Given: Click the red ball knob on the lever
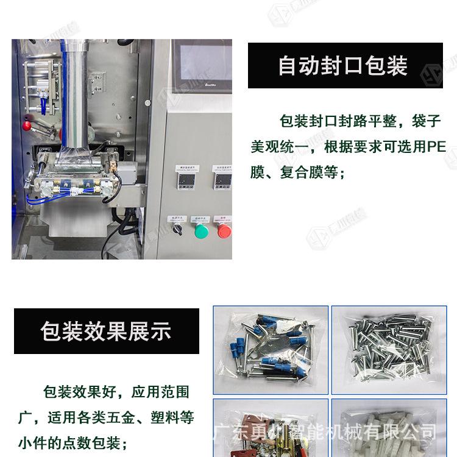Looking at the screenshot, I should coord(26,127).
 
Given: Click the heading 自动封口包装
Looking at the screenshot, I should coord(344,66).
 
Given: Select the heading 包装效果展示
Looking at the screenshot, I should coord(106,331).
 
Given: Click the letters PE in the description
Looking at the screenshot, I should coord(436,147).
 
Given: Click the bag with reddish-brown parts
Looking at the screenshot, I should coord(270,430).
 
